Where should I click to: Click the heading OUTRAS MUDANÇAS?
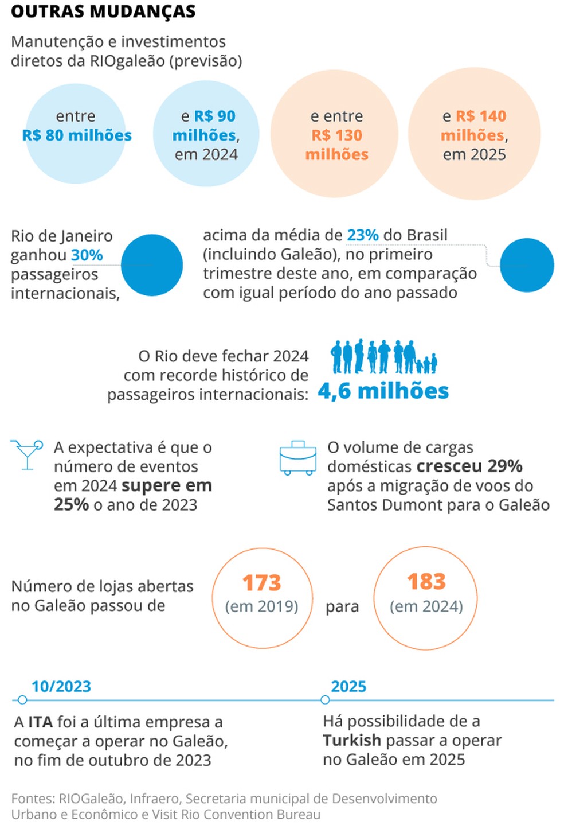(x=103, y=11)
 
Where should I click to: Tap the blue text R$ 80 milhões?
(x=77, y=135)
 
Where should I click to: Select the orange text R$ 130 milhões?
(x=337, y=145)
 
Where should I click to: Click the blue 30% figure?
(x=87, y=255)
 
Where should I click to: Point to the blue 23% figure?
(x=363, y=235)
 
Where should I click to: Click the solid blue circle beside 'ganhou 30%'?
(x=152, y=265)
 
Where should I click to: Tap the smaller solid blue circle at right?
(x=527, y=265)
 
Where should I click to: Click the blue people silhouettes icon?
(x=383, y=357)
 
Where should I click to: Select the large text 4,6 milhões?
(x=383, y=391)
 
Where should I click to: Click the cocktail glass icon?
(x=26, y=454)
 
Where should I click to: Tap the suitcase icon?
(x=297, y=458)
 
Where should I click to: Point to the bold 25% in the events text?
(x=71, y=505)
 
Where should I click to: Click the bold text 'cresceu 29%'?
(x=469, y=466)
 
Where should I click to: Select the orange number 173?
(x=261, y=583)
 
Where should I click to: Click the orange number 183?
(x=426, y=582)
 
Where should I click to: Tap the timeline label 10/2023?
(x=61, y=686)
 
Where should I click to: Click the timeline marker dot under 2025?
(x=325, y=700)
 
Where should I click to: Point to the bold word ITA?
(x=40, y=722)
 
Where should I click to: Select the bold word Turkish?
(x=351, y=740)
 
